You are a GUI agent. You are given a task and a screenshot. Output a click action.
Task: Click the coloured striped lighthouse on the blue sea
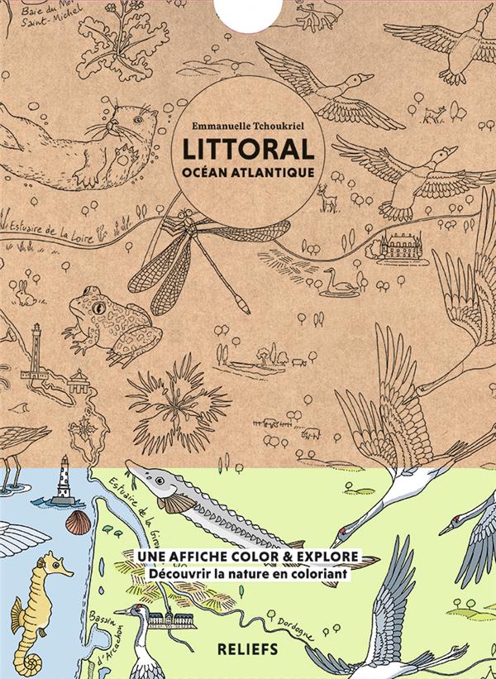[64, 477]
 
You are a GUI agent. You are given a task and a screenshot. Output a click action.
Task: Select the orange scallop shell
[79, 521]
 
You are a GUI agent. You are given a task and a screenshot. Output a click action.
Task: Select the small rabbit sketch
[26, 290]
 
